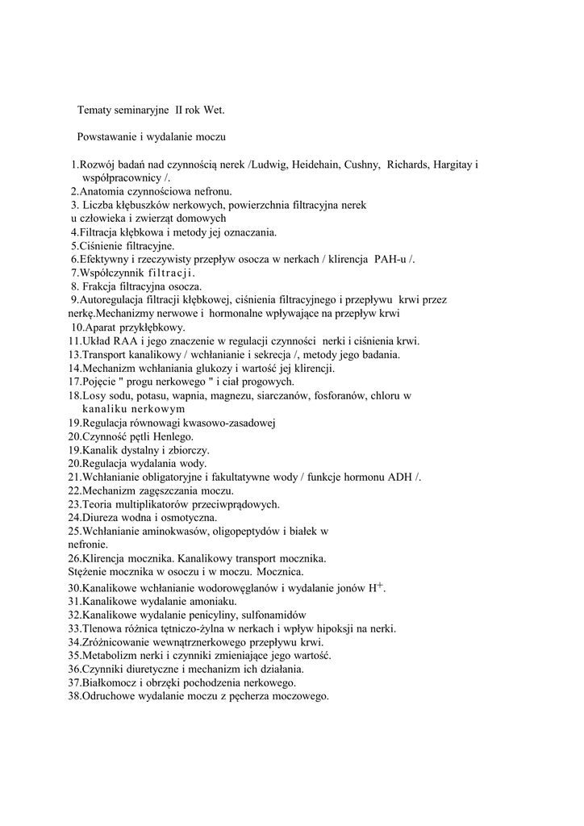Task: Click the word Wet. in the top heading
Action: (211, 109)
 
